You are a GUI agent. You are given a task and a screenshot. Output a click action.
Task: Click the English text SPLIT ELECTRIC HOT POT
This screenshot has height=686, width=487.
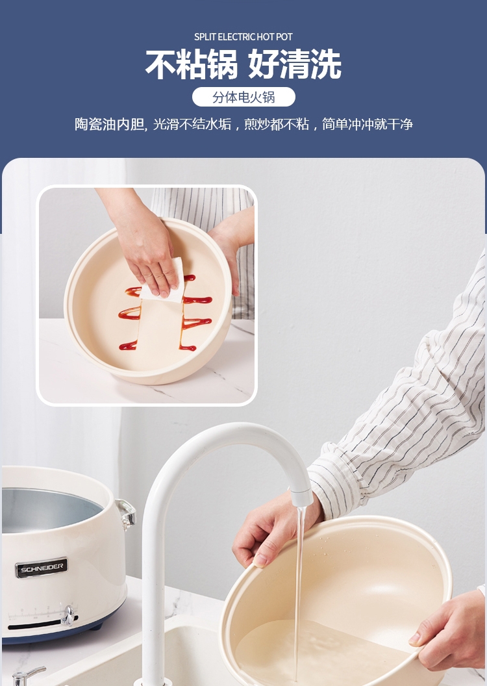[x=243, y=37]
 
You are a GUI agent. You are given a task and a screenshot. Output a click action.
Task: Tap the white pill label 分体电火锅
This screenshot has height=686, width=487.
[x=243, y=97]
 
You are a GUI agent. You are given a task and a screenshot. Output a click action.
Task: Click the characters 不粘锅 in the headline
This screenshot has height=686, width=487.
[x=192, y=64]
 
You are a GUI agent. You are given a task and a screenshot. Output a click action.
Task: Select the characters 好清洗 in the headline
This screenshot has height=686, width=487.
[x=295, y=64]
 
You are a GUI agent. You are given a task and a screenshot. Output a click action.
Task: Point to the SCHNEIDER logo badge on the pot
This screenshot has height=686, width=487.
[x=42, y=567]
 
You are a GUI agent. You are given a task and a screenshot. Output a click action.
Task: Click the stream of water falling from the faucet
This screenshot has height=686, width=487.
[x=299, y=591]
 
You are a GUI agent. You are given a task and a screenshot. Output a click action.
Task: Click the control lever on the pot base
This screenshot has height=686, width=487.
[x=68, y=615]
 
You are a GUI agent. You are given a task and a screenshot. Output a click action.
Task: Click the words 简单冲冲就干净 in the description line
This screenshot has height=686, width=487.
[x=368, y=124]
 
